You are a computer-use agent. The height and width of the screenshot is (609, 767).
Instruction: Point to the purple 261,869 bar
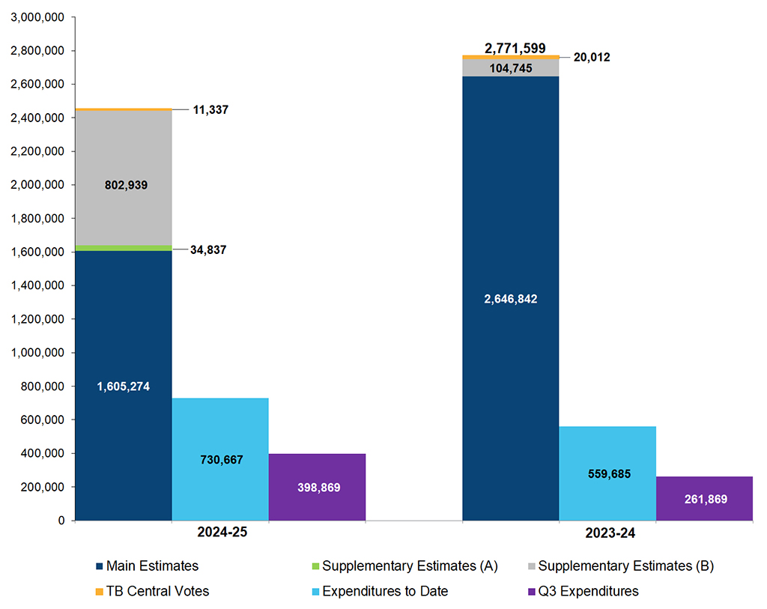point(703,499)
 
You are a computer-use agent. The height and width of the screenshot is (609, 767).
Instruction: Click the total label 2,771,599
point(515,48)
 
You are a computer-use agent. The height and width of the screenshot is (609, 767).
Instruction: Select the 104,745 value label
point(510,68)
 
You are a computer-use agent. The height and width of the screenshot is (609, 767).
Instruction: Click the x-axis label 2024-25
point(221,533)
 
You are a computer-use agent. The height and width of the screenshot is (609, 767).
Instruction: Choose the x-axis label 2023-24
point(608,533)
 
